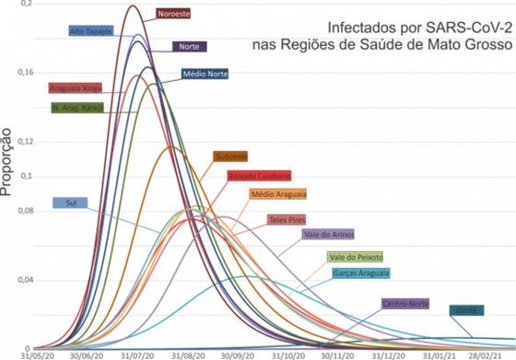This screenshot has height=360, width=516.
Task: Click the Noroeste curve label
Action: (173, 14)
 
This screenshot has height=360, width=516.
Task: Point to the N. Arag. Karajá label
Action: (78, 107)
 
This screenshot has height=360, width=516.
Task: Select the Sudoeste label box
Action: (231, 157)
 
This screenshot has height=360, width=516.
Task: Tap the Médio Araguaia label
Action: (277, 194)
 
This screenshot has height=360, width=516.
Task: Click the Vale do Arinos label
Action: (329, 235)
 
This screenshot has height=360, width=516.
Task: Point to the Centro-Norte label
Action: (406, 303)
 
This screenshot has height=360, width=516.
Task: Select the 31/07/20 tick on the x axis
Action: (138, 354)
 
